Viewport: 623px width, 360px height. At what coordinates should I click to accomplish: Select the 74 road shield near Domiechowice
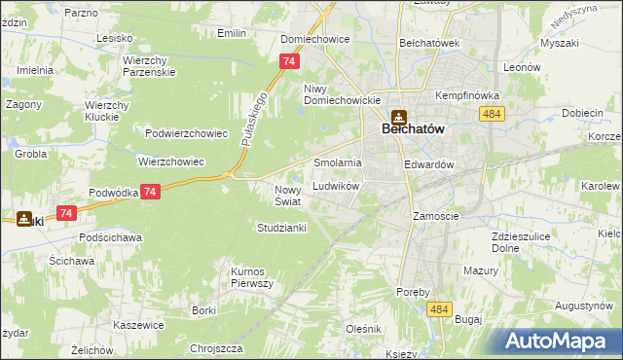(x=287, y=61)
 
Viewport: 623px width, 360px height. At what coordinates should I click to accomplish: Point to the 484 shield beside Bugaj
(x=439, y=308)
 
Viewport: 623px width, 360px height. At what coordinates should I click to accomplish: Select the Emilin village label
(x=232, y=33)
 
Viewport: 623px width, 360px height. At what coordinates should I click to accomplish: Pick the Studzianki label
(x=281, y=228)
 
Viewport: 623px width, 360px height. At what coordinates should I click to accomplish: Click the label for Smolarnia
(x=337, y=162)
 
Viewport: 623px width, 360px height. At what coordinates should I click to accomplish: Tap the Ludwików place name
(x=337, y=186)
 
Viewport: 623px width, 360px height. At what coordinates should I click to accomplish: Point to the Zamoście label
(x=433, y=216)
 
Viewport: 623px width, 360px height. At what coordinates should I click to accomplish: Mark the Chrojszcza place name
(x=216, y=347)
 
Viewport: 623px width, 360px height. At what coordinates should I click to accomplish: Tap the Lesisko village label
(x=114, y=38)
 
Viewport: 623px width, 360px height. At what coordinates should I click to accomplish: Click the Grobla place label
(x=31, y=154)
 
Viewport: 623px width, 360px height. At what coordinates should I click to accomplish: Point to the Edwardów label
(x=429, y=165)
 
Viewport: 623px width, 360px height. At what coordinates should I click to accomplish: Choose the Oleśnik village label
(x=363, y=330)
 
